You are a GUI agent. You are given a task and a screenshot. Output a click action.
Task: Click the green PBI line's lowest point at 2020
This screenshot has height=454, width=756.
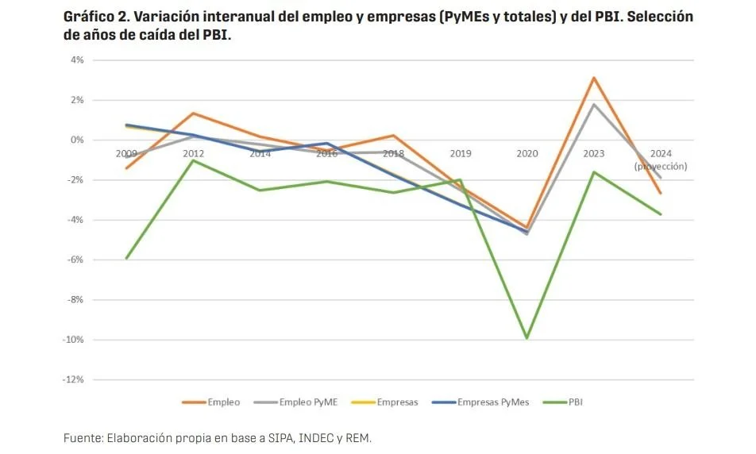tap(526, 338)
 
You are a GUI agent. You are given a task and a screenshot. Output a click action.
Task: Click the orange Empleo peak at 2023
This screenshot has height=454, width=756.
tap(593, 78)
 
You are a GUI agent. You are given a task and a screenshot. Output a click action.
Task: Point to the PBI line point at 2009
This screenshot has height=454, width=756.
tap(126, 258)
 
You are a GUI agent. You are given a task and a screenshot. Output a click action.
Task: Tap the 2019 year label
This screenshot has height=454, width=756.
tap(460, 153)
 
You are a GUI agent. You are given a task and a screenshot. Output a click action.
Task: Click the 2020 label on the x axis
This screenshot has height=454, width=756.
tap(526, 153)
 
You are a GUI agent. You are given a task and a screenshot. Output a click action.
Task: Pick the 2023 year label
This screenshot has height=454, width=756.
tap(593, 153)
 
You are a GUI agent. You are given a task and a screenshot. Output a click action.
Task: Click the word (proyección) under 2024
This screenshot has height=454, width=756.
tap(660, 167)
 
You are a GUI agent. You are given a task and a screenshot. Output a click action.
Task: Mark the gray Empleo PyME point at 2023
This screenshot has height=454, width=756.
tap(593, 104)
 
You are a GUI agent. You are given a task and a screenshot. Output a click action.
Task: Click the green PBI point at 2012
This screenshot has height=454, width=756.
tap(193, 160)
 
